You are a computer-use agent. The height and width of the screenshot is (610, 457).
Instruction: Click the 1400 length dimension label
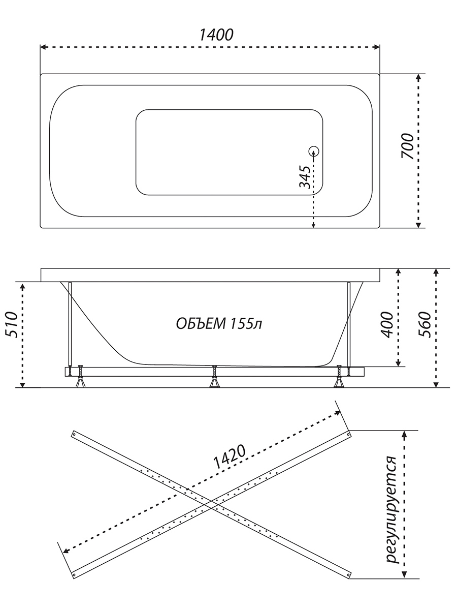tap(216, 35)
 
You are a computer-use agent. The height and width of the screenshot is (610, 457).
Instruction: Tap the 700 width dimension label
tap(408, 146)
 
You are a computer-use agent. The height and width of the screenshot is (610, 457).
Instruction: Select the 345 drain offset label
tap(304, 177)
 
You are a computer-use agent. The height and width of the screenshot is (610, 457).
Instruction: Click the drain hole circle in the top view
tap(313, 151)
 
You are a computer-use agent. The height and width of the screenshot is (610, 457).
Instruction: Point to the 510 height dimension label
tap(12, 325)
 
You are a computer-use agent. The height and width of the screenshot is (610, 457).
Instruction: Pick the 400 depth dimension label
tap(387, 325)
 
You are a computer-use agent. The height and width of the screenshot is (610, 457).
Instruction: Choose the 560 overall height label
tap(425, 325)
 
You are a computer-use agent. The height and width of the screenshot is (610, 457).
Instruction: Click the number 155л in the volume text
tap(246, 324)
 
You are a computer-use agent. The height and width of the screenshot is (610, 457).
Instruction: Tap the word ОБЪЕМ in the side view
tap(201, 324)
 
